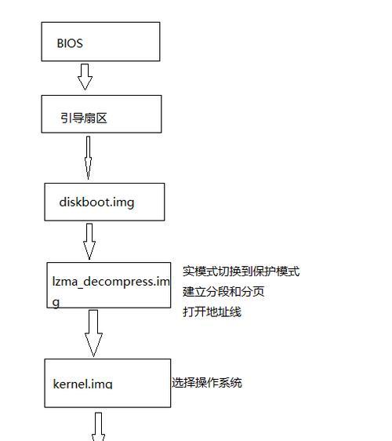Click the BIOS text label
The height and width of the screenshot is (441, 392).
70,43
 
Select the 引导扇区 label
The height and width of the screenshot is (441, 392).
84,118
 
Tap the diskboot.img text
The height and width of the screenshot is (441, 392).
96,202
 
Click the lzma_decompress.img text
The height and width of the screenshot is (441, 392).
111,292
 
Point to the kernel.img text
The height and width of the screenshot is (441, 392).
82,384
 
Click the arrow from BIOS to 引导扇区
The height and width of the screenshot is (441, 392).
85,77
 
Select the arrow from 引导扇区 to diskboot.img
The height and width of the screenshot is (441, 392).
88,158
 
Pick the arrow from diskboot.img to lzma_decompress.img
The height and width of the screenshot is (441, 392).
89,242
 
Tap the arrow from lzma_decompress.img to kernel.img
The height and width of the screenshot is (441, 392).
93,333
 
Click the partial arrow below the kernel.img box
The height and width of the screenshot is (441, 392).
98,427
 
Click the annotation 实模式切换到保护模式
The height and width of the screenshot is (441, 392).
241,272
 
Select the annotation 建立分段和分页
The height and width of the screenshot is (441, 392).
223,292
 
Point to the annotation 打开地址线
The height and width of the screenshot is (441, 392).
212,312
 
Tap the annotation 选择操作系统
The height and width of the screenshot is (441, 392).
207,383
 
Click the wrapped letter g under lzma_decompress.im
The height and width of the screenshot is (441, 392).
56,303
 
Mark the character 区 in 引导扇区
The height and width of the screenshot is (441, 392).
101,118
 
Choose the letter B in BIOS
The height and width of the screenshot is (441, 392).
60,43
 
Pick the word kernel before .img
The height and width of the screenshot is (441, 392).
71,384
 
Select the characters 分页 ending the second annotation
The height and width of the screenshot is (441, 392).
253,292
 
